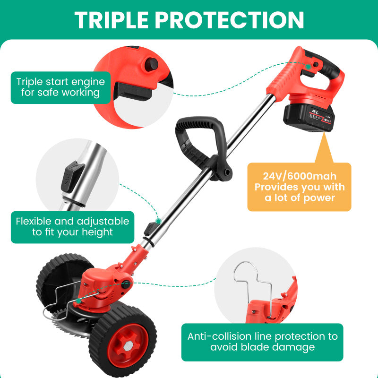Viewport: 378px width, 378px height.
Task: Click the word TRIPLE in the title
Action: (112, 20)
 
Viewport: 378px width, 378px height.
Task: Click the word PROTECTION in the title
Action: (229, 20)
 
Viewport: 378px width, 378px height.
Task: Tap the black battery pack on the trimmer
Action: (309, 118)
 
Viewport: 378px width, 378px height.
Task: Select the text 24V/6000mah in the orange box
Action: (300, 176)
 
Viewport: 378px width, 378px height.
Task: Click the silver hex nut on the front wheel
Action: (128, 346)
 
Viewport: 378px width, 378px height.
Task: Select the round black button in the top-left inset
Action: (151, 65)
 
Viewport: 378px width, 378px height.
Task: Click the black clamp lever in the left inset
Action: (72, 176)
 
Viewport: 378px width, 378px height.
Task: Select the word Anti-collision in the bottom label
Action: (219, 336)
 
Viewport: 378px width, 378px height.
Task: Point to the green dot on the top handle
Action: (309, 66)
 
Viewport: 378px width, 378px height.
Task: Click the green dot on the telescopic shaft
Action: (158, 221)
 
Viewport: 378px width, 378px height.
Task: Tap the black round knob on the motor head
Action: (126, 284)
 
